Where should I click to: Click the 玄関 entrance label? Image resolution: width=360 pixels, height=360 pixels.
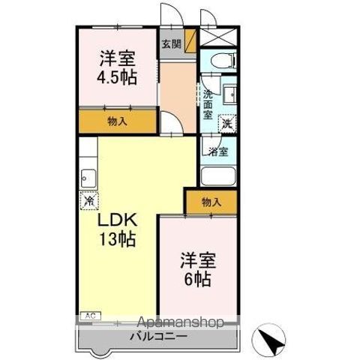click(x=171, y=44)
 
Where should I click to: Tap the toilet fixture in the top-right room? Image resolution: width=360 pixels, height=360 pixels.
click(x=223, y=61)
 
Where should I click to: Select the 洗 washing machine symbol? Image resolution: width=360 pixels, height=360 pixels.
click(x=227, y=123)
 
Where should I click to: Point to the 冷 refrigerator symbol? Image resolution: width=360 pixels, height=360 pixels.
click(x=89, y=200)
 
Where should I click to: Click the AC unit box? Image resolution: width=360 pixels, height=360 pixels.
click(x=91, y=316)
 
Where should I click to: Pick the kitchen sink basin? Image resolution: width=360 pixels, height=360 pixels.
click(x=88, y=178)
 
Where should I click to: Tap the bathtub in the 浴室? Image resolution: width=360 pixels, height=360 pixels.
click(x=218, y=176)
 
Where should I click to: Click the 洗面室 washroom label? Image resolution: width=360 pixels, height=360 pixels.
click(x=208, y=104)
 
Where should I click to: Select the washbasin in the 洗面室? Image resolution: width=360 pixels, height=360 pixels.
click(x=229, y=94)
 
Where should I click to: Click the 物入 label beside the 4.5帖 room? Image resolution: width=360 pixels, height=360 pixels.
click(x=117, y=121)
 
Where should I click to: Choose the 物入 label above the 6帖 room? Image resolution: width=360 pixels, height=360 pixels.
click(x=211, y=202)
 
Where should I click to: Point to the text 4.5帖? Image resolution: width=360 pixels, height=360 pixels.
click(x=117, y=77)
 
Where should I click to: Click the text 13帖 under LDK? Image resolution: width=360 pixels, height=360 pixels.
click(x=118, y=238)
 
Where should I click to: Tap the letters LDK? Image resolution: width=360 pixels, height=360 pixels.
click(x=117, y=220)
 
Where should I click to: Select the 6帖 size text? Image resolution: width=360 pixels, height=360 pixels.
click(x=197, y=279)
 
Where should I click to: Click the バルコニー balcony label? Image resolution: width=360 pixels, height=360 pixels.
click(x=158, y=336)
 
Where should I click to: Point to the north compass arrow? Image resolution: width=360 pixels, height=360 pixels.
click(x=271, y=340)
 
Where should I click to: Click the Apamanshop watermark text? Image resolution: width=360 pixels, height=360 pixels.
click(x=180, y=322)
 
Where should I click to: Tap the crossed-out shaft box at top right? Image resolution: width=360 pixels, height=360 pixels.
click(x=218, y=37)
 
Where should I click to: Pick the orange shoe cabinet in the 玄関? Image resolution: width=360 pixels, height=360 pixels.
click(x=190, y=41)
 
